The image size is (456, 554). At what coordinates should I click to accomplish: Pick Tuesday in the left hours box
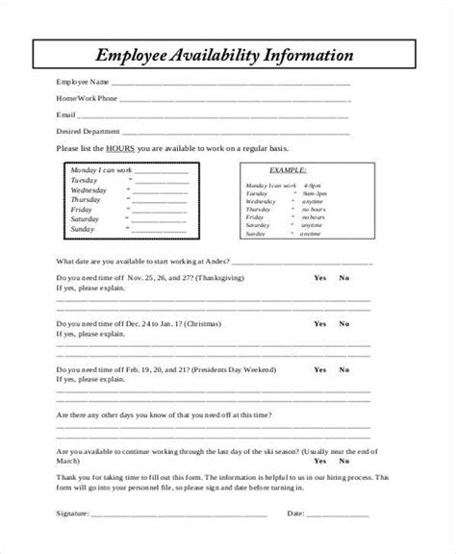pyautogui.click(x=86, y=180)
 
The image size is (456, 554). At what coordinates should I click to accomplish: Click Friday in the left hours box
pyautogui.click(x=82, y=210)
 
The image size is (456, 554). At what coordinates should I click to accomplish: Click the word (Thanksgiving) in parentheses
pyautogui.click(x=218, y=277)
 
